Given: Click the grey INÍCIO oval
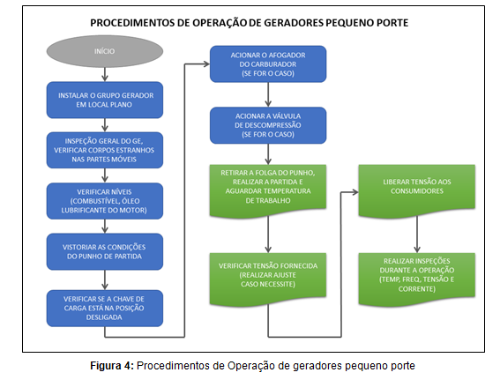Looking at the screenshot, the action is point(105,51).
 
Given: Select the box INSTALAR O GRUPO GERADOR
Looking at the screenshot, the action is point(105,100).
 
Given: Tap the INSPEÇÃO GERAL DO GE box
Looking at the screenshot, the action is point(105,150).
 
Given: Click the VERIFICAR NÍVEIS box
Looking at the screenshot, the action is point(105,201).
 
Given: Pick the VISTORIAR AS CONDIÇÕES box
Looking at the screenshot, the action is point(105,251).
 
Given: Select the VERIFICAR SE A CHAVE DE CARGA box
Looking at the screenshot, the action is point(105,308).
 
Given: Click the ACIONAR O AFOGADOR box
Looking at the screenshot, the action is point(268,64).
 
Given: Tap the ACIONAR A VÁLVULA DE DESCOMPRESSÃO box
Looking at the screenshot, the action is point(268,125).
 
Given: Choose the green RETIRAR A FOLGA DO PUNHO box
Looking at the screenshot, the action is point(268,190).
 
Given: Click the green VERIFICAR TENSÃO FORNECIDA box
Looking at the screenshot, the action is point(268,279).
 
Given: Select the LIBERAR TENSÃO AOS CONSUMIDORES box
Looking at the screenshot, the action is point(417,190).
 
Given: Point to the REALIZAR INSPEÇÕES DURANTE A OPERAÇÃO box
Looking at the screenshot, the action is point(417,279).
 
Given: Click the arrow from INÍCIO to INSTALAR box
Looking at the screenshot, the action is point(105,75).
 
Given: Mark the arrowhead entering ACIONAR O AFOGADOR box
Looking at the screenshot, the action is point(206,64).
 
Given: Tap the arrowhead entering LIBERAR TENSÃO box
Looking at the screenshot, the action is point(354,192).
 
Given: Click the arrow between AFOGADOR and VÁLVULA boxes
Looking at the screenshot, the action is point(268,94).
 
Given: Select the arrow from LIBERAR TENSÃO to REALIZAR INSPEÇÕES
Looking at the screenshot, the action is point(417,235).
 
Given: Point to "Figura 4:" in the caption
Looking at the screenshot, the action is point(112,366).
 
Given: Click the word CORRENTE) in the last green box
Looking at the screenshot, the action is point(417,289).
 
